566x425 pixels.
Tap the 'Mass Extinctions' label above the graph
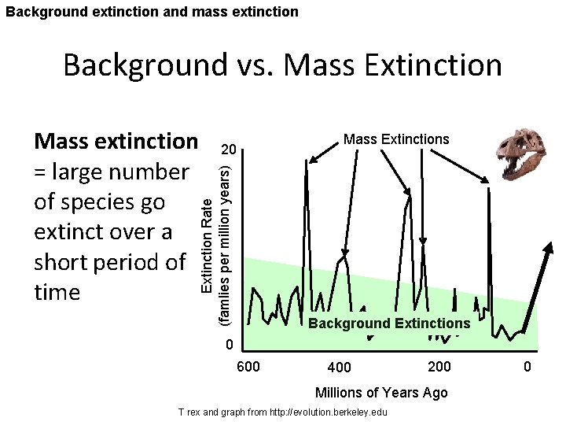[x=396, y=139]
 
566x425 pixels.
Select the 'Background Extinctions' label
[x=389, y=323]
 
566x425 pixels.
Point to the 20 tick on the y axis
[x=228, y=150]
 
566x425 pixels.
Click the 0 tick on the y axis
[x=229, y=346]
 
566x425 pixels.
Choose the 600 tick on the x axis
[x=248, y=367]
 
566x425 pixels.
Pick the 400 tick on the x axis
[x=340, y=368]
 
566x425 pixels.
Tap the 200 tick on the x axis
[x=439, y=367]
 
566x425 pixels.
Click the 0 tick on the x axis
[x=527, y=367]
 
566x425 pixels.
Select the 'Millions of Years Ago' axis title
[x=380, y=393]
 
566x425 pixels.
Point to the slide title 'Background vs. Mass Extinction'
[x=282, y=65]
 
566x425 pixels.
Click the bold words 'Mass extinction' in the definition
[x=116, y=142]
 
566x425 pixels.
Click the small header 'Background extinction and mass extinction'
[x=150, y=11]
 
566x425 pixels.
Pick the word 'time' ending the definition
[x=57, y=293]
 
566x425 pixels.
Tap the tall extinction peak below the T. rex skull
[x=489, y=197]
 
